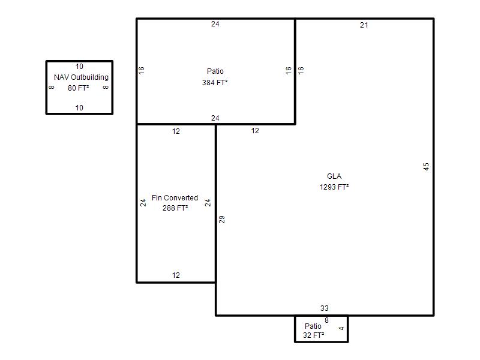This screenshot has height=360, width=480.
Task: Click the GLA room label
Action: (x=334, y=176)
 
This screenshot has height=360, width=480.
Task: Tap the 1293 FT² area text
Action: (x=334, y=187)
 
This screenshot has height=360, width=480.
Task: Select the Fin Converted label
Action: (x=175, y=198)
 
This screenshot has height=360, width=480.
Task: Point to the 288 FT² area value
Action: (x=175, y=208)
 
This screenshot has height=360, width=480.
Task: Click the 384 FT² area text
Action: (x=215, y=83)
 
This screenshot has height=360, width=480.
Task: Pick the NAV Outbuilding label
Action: (x=81, y=77)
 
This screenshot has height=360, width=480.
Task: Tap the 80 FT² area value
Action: (x=79, y=88)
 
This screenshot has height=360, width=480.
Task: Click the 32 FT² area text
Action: (x=313, y=335)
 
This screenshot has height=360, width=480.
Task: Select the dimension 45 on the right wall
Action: (x=426, y=167)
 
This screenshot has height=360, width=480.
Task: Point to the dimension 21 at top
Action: (x=364, y=25)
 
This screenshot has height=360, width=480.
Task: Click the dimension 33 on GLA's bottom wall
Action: (x=325, y=308)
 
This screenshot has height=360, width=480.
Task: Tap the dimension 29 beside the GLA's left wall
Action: (x=221, y=220)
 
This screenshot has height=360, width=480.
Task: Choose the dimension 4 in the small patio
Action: (x=341, y=328)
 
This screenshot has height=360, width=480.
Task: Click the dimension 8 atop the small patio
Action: (x=326, y=320)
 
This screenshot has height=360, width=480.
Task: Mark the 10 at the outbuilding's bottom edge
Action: (x=79, y=108)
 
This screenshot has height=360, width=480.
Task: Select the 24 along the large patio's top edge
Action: (x=215, y=24)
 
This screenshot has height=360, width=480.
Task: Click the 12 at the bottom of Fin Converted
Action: (x=176, y=275)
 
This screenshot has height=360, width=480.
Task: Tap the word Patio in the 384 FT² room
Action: (x=215, y=71)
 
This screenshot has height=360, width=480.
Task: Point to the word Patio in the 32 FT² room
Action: (x=313, y=326)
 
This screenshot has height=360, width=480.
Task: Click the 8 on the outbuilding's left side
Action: (x=52, y=87)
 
